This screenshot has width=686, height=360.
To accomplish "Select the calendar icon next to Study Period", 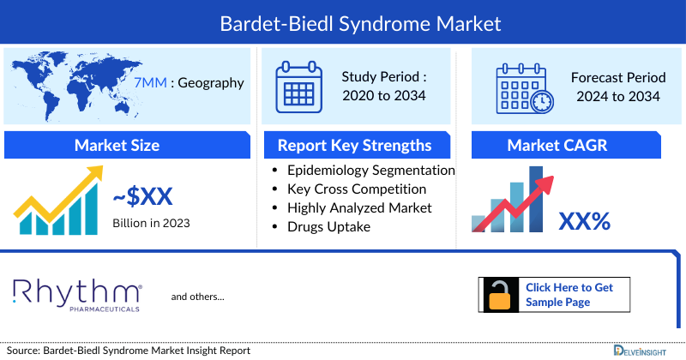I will click(298, 87).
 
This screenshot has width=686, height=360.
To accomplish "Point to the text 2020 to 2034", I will click(383, 95).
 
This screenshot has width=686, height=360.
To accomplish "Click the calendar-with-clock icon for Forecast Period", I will click(524, 89).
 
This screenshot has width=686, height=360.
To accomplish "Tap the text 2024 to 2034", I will click(618, 96).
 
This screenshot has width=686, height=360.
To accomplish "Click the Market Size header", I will click(117, 145).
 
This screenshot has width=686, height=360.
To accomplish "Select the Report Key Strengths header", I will click(354, 145).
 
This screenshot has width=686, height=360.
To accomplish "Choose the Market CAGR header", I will click(569, 145).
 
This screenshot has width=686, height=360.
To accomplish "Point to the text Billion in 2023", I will click(151, 223).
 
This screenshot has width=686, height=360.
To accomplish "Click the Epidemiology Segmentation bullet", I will click(370, 170).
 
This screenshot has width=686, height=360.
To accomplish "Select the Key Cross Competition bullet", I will click(357, 189).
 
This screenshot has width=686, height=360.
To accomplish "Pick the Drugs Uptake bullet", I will click(330, 226).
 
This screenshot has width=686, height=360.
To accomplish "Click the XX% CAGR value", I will click(584, 221).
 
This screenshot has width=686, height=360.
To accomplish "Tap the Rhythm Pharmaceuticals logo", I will click(77, 293).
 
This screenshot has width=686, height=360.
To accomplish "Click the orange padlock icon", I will click(499, 295).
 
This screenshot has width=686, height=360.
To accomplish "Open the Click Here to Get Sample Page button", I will click(569, 295).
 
